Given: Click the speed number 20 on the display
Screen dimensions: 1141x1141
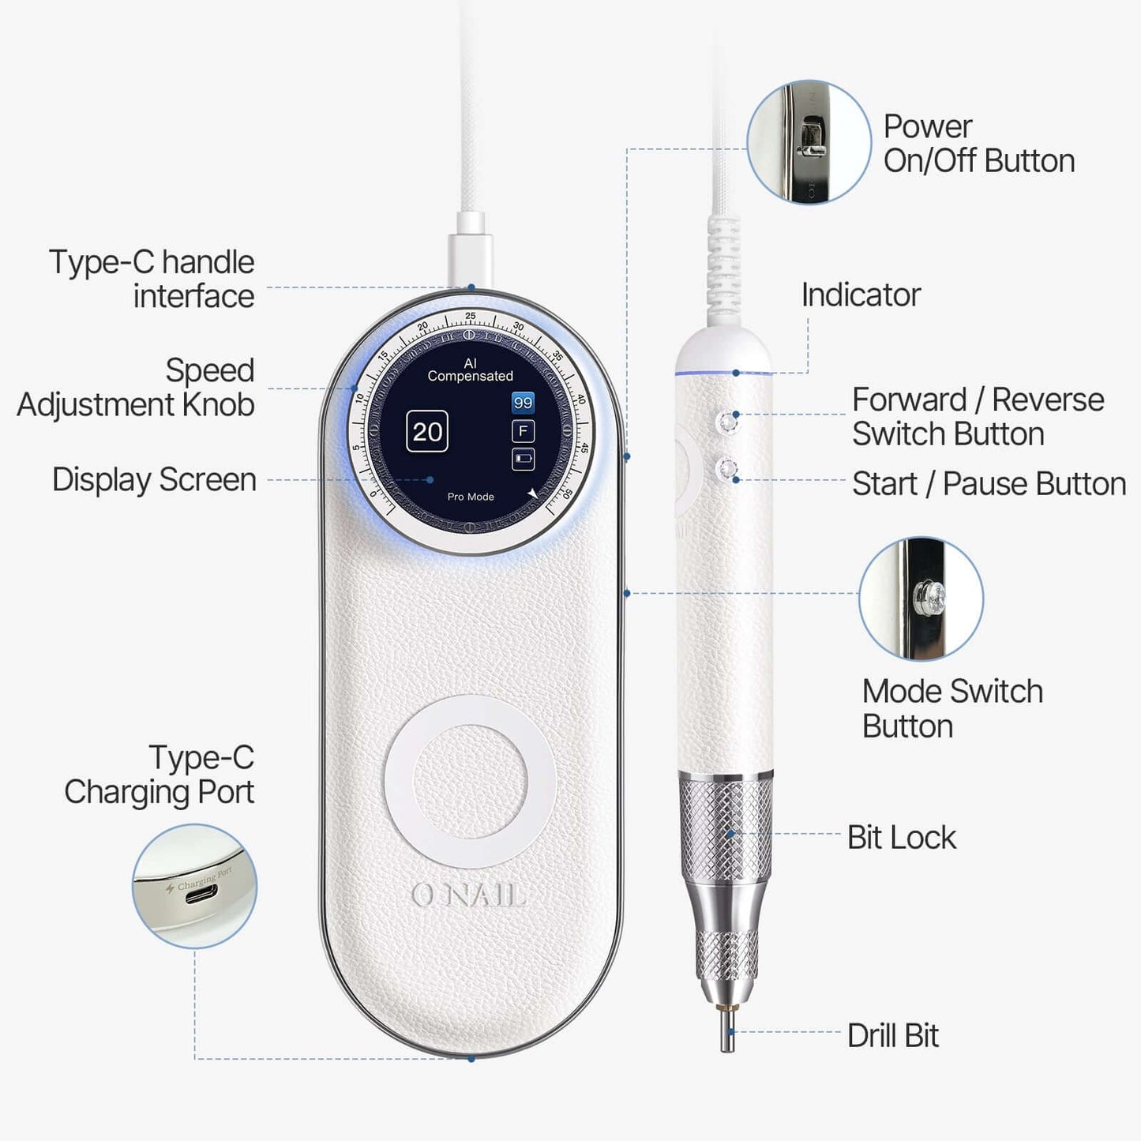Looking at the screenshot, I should [x=427, y=432].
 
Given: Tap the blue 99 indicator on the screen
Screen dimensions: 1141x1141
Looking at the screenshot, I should [x=523, y=403].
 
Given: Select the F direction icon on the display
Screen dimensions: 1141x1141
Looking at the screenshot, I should [x=523, y=431].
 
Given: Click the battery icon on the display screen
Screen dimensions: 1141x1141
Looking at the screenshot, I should [x=523, y=458].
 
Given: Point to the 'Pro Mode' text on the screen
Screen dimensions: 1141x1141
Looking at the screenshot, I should [x=471, y=497].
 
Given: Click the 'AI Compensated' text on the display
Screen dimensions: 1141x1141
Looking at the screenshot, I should [x=471, y=370].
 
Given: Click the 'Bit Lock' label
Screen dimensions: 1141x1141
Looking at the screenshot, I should [x=901, y=837].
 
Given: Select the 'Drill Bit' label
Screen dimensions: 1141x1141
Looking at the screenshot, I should [x=892, y=1035].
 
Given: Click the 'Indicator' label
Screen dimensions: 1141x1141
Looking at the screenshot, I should [x=861, y=295].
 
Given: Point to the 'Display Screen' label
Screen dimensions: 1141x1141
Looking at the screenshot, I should [x=154, y=479].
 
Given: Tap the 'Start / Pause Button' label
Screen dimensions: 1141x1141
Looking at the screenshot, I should [x=989, y=483].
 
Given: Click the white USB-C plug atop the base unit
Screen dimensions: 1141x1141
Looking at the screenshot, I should [x=470, y=257].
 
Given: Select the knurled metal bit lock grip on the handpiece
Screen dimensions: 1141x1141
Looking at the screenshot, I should [x=726, y=829].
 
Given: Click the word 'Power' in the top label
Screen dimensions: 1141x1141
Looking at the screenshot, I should [x=927, y=126].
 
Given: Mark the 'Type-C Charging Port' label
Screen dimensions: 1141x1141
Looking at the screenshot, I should [x=160, y=775].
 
